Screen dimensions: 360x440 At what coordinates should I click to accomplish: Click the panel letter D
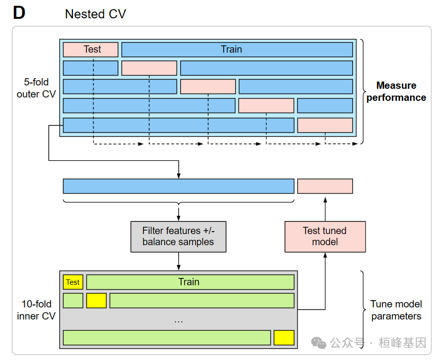tap(19, 13)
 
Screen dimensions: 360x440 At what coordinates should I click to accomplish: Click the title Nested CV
tap(95, 14)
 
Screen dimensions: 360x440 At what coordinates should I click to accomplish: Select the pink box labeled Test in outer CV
tap(90, 49)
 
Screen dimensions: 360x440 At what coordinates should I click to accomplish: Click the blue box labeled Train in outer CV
tap(237, 49)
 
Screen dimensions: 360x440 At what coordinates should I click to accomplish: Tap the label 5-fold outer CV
tap(36, 88)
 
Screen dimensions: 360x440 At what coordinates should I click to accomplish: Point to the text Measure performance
tap(396, 91)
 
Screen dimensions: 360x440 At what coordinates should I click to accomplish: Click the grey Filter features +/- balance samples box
tap(178, 236)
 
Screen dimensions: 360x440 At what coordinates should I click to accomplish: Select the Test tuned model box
tap(325, 236)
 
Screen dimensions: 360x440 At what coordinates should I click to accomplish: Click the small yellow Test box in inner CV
tap(73, 282)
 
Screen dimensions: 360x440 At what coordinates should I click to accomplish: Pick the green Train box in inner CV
tap(190, 282)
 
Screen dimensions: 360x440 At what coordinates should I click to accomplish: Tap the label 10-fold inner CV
tap(36, 310)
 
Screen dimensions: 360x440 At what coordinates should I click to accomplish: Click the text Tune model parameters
tap(396, 310)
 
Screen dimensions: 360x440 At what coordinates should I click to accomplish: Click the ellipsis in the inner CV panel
tap(178, 320)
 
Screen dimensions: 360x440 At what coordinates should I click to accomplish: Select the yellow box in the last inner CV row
tap(284, 337)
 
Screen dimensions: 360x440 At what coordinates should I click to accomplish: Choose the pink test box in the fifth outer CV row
tap(325, 125)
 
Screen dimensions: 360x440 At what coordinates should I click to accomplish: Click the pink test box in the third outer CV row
tap(208, 86)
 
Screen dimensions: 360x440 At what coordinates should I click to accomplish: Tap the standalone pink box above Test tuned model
tap(325, 186)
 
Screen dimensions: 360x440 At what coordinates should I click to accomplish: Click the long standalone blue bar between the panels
tap(178, 186)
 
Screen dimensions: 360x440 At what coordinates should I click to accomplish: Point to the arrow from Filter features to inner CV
tap(179, 261)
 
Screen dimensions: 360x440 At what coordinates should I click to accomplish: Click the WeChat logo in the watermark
tap(319, 343)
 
